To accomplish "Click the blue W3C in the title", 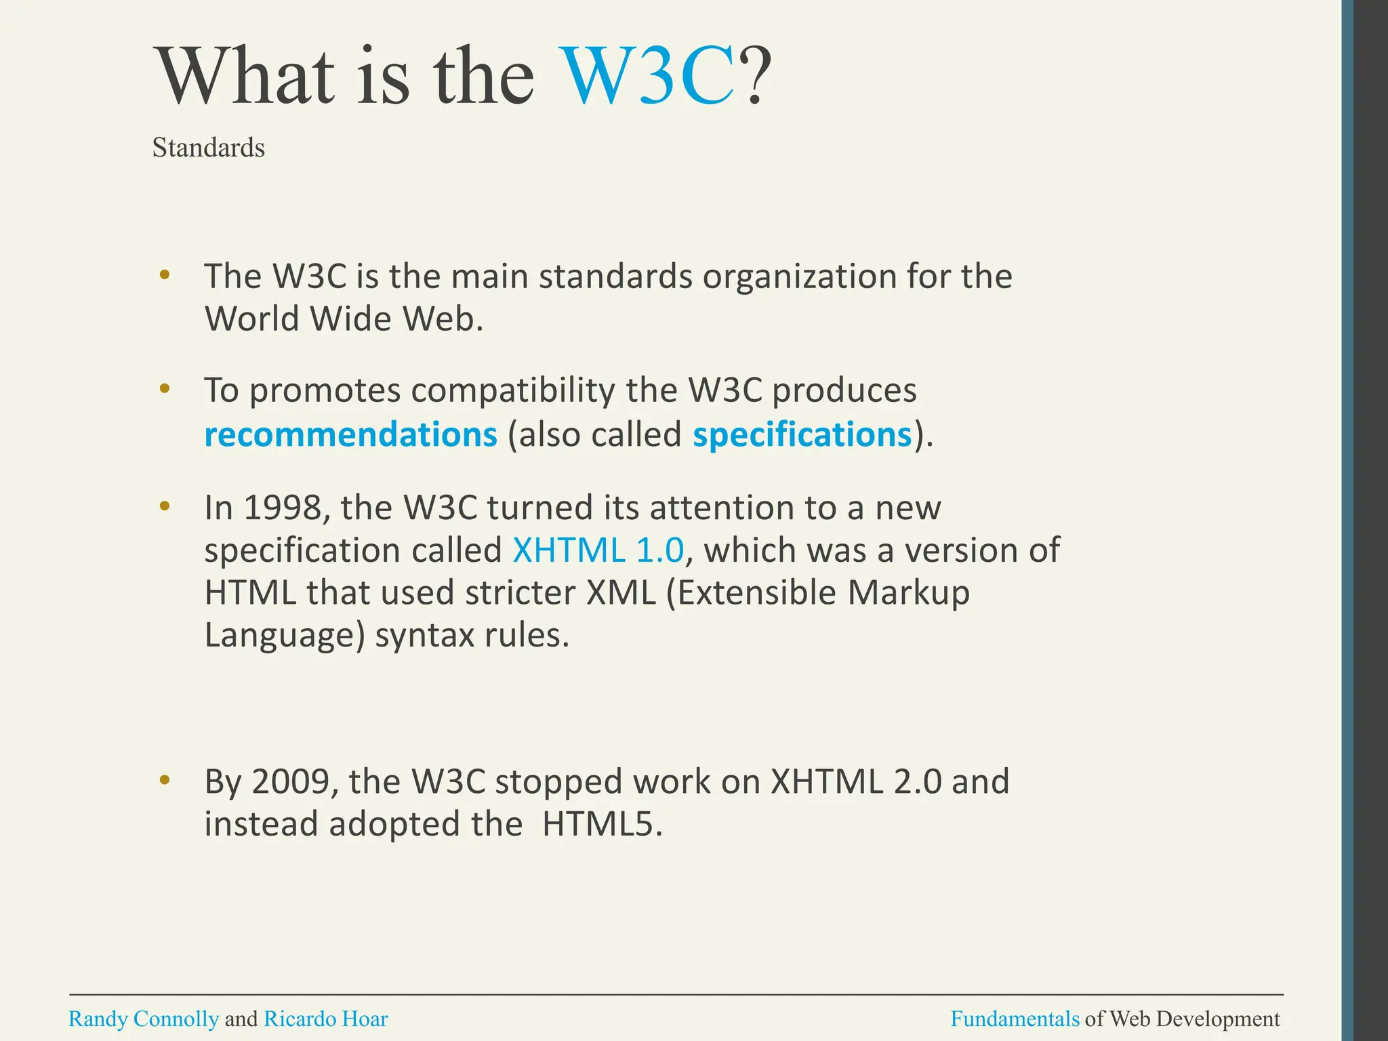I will pos(649,76).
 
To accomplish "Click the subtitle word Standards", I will pos(208,148).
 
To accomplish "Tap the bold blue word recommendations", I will pos(350,434).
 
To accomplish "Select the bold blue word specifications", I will pos(802,434).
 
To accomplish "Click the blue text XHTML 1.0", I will pos(598,550).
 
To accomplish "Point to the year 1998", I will pos(283,508).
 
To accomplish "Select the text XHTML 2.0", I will pos(856,781).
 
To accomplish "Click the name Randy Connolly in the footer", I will pos(144,1019).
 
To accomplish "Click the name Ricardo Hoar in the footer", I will pos(325,1019).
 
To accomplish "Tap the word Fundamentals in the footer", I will pos(1015,1019).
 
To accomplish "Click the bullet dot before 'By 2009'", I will pos(164,781).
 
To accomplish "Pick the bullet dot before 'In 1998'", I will pos(164,506).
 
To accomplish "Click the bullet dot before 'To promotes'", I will pos(164,389).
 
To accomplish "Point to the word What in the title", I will pos(245,76).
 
